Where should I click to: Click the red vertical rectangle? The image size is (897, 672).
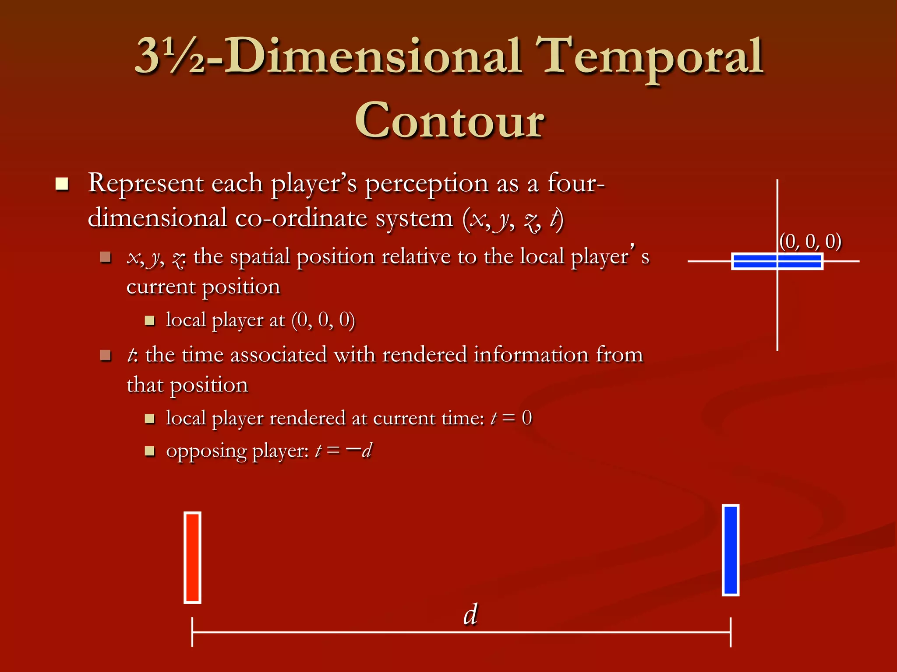[x=192, y=557]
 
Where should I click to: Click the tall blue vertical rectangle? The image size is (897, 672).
[x=730, y=550]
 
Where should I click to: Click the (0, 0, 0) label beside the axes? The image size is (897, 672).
[x=810, y=241]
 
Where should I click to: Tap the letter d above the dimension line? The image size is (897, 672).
[x=470, y=614]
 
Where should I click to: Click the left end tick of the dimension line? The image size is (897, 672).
[x=192, y=632]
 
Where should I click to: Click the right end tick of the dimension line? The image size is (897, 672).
[x=731, y=632]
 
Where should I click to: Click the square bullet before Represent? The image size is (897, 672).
[x=62, y=184]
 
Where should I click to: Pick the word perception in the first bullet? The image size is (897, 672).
[x=426, y=184]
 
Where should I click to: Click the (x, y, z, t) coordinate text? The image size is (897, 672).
[x=512, y=219]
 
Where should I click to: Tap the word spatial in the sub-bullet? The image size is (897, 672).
[x=260, y=257]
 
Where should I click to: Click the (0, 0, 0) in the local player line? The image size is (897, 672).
[x=323, y=320]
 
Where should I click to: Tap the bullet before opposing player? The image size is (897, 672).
[x=150, y=451]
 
